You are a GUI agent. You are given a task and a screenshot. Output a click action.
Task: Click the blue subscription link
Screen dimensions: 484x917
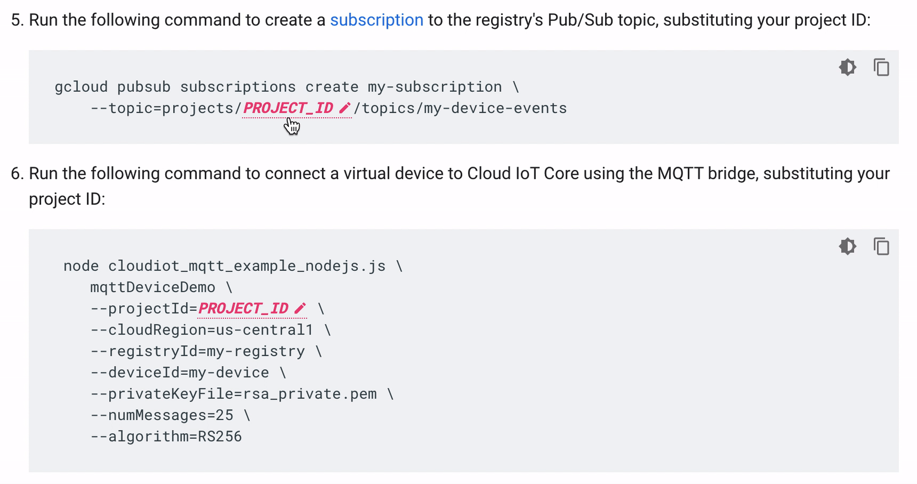(x=376, y=20)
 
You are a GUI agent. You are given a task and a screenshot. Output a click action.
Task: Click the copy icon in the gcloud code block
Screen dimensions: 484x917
(x=881, y=67)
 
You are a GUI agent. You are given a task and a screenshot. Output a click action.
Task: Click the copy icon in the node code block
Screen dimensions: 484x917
(x=881, y=246)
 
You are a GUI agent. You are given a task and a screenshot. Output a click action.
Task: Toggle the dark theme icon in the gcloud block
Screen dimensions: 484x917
(x=847, y=67)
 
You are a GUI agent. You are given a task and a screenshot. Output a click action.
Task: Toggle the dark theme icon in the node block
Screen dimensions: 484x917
(x=847, y=246)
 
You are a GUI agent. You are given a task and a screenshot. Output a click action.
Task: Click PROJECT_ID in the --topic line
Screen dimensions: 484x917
(x=288, y=108)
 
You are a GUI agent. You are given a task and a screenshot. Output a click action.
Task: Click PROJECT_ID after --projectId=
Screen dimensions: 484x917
(x=243, y=309)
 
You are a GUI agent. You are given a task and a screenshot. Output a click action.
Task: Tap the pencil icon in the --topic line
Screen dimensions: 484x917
(x=344, y=108)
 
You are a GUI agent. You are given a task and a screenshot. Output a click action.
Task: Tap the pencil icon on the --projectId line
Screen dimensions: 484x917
(x=300, y=309)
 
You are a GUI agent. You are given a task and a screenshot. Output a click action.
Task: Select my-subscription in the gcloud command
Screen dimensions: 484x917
(x=435, y=87)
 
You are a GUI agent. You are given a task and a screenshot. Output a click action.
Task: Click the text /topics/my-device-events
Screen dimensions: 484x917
(x=460, y=108)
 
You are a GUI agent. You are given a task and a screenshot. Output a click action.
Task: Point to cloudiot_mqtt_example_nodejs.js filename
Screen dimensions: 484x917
(x=246, y=266)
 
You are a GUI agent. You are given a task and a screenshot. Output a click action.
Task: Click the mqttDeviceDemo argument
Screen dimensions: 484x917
(x=153, y=287)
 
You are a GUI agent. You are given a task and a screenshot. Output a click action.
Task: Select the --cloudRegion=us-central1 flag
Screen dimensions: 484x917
(x=202, y=330)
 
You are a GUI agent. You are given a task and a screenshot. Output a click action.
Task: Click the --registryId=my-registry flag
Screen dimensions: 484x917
(x=197, y=351)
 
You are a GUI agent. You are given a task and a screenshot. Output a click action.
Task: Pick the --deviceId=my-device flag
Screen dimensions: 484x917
(x=180, y=373)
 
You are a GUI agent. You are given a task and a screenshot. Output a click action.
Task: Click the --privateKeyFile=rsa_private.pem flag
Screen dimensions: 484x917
(x=234, y=394)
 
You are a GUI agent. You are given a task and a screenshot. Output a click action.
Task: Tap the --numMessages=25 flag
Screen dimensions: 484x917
(x=162, y=415)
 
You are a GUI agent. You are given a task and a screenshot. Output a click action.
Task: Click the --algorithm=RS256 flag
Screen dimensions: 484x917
(x=166, y=437)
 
